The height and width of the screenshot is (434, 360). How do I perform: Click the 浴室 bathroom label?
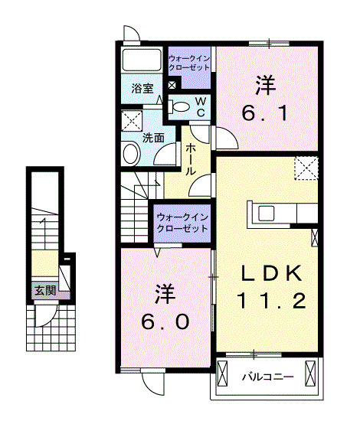tap(142, 89)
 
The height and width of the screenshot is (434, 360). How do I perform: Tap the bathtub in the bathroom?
tap(142, 60)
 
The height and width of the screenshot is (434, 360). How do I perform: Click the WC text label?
tap(201, 107)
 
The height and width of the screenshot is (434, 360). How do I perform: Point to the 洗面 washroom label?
tap(153, 138)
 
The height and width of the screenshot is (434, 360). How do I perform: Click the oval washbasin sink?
tap(130, 154)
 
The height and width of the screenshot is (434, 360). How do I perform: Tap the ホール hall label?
tap(191, 159)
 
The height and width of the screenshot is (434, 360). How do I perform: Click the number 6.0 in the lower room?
tap(165, 321)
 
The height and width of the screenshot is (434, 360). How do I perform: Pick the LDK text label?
tap(271, 273)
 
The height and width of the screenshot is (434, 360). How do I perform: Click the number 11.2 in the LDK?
tap(271, 301)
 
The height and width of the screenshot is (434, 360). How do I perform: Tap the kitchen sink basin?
tap(267, 213)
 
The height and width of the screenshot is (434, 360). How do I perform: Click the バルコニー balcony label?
tap(268, 377)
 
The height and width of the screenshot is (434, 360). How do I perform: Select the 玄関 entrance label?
tap(45, 291)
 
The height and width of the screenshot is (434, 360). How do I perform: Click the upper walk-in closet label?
tap(189, 63)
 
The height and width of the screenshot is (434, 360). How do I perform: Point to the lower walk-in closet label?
tap(182, 223)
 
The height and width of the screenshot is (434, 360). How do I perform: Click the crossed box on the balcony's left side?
tap(222, 374)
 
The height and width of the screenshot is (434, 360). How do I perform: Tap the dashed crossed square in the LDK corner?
tap(306, 168)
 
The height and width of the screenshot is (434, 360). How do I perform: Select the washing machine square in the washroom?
tap(132, 120)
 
